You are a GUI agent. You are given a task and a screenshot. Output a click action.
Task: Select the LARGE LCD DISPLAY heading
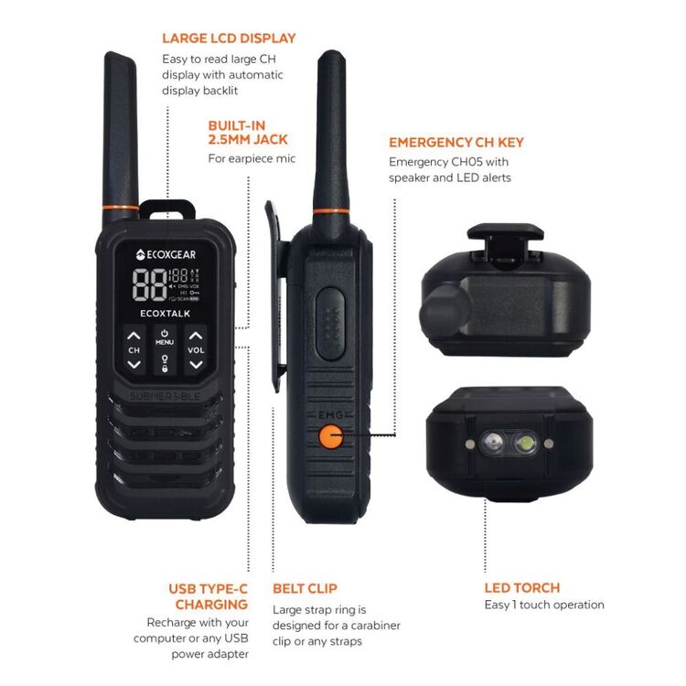point(229,38)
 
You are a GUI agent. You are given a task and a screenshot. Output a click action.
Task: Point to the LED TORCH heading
point(521,588)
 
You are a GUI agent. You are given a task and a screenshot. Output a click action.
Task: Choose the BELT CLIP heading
point(305,588)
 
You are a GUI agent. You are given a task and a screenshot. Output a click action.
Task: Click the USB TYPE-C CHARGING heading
point(208,596)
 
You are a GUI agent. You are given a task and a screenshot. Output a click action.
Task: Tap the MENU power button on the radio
point(165,338)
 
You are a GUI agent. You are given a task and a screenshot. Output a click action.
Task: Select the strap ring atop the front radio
point(166,209)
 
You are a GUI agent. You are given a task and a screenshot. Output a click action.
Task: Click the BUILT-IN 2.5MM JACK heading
point(248,132)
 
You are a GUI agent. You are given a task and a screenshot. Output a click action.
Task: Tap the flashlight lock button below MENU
point(165,363)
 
